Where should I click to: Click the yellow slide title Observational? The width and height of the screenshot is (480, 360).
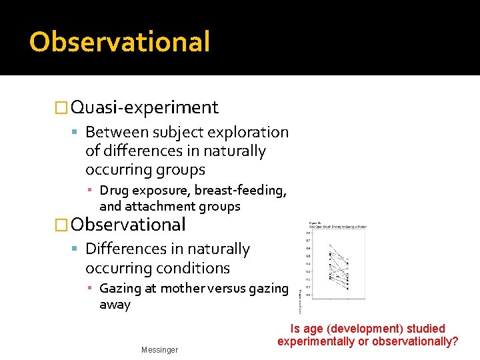(119, 41)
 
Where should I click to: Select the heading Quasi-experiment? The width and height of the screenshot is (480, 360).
(145, 107)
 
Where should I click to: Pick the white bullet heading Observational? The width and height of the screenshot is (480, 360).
(128, 225)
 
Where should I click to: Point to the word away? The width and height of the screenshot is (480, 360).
(115, 305)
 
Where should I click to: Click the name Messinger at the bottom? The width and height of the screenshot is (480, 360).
(159, 350)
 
